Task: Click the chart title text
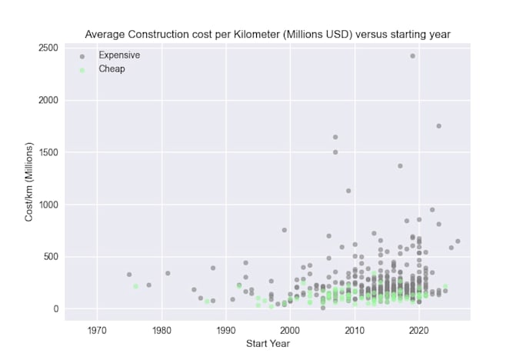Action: tap(268, 35)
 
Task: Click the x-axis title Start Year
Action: tap(268, 343)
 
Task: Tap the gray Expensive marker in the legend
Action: tap(82, 56)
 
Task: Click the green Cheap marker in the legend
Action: tap(82, 70)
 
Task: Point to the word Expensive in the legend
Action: tap(119, 55)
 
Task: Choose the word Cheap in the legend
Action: tap(112, 69)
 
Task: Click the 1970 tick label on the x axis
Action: tap(97, 331)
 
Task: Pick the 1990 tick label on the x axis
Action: tap(225, 331)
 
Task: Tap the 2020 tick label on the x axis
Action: tap(418, 331)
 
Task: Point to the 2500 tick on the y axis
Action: tap(48, 48)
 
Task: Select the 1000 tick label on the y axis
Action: tap(48, 205)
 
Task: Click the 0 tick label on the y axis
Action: tap(55, 309)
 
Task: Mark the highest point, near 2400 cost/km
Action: tap(412, 56)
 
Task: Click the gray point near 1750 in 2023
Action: tap(438, 126)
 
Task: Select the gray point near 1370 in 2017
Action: tap(400, 165)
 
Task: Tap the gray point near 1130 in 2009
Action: tap(348, 191)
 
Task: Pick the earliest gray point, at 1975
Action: tap(129, 275)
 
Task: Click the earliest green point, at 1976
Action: tap(135, 286)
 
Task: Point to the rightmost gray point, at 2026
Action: tap(458, 242)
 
